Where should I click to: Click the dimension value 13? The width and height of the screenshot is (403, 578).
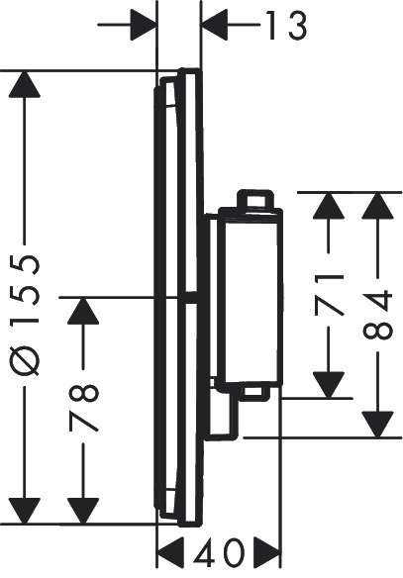pos(285,27)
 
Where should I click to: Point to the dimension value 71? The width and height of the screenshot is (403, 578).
pos(329,294)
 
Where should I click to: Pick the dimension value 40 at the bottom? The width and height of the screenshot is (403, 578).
pos(219,551)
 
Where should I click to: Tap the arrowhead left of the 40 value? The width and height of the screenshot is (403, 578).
pos(172,550)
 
